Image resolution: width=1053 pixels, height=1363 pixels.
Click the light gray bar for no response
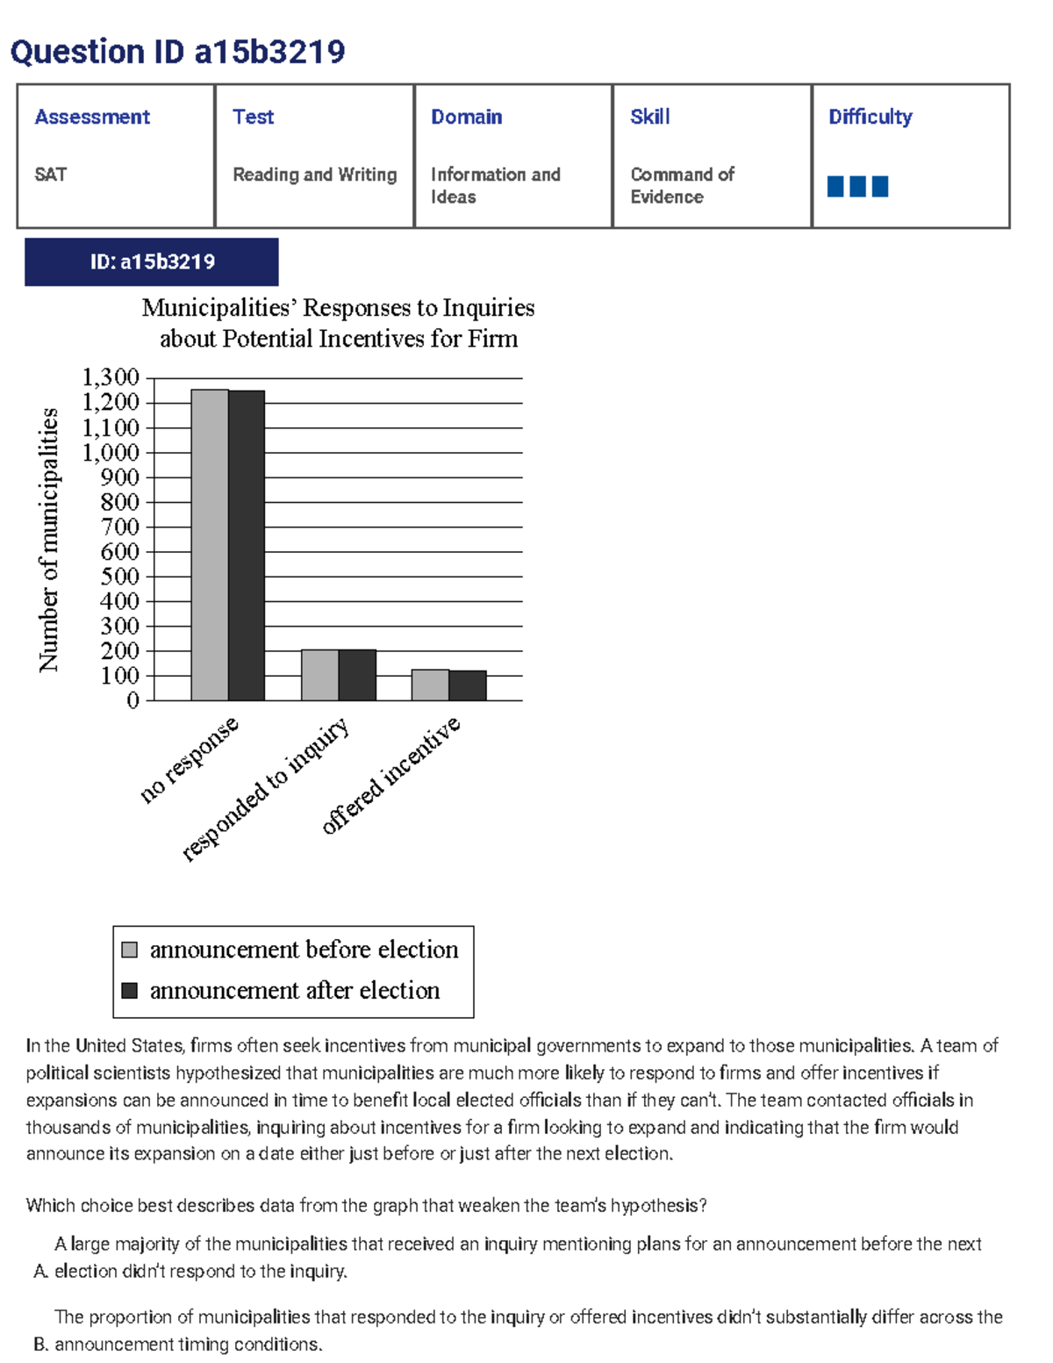point(210,544)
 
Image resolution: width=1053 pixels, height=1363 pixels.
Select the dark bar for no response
point(247,545)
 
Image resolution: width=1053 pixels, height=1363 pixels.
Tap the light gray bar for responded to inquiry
point(319,675)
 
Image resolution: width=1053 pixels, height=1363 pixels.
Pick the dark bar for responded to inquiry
point(357,675)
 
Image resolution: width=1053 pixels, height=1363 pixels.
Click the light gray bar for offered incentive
point(430,685)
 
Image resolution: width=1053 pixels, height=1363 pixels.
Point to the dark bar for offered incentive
point(468,685)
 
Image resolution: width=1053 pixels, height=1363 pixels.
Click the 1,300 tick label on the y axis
point(111,377)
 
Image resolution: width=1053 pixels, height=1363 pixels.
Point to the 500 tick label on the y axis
point(119,577)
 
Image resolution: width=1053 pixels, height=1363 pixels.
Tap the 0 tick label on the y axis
point(133,700)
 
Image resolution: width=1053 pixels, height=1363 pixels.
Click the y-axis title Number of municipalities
point(48,540)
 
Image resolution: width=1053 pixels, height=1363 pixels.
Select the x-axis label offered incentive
point(390,775)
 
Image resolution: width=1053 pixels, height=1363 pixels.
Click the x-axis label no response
point(189,760)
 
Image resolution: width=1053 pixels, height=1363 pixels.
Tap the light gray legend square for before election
point(130,950)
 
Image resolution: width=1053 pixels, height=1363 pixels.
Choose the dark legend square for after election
point(130,990)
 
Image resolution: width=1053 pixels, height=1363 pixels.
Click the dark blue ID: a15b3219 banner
point(152,262)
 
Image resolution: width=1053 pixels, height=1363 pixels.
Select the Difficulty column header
point(870,117)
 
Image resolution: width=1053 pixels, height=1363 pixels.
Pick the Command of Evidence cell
point(682,185)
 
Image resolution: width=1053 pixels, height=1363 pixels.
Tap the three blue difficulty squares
point(857,186)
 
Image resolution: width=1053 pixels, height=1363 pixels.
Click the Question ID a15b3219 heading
point(177,52)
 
